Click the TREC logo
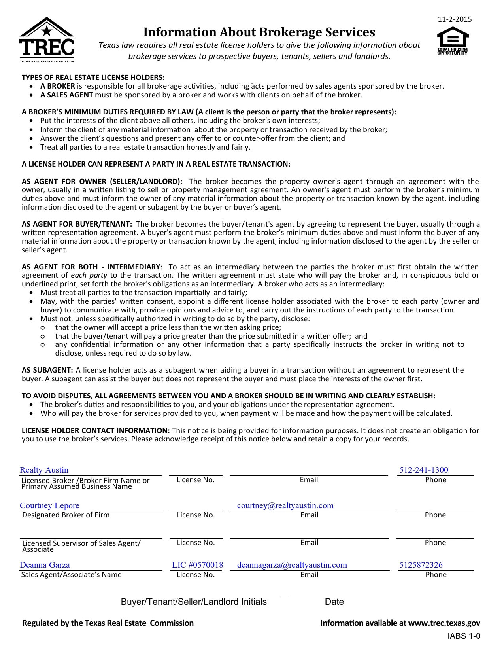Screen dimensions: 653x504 coord(47,40)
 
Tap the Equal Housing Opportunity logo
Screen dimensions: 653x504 coord(453,41)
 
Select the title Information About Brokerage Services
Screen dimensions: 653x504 coord(259,32)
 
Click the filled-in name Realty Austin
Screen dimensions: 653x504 coord(44,470)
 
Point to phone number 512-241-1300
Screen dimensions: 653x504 coord(423,470)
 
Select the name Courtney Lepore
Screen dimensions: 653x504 coord(49,505)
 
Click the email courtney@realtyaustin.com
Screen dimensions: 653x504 coord(285,505)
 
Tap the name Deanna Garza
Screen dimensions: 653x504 coord(45,565)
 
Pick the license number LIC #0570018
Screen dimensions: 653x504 coord(197,565)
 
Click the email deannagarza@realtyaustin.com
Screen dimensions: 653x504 coord(292,565)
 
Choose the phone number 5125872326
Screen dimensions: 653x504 coord(421,565)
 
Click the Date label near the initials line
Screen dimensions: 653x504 coord(334,602)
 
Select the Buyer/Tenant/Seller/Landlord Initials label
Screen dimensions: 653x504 coord(194,602)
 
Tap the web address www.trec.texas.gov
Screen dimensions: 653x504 coord(444,623)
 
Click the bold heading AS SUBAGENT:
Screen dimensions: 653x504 coord(47,370)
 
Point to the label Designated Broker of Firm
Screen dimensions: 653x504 coord(66,515)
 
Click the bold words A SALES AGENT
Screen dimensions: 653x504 coord(66,95)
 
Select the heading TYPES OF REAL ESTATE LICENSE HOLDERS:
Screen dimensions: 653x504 coord(93,77)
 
